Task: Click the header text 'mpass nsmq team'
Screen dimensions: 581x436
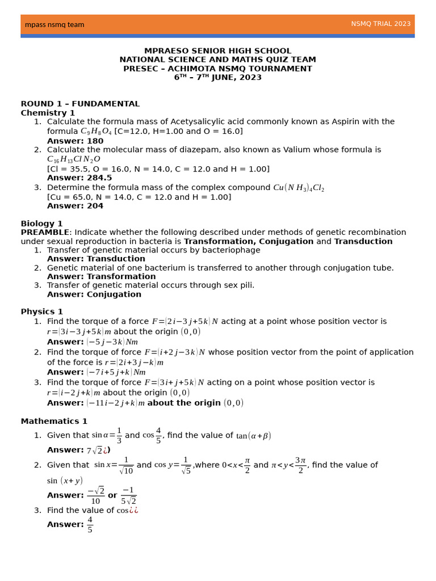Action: pos(54,24)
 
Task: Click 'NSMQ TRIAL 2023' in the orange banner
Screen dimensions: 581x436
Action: pos(380,24)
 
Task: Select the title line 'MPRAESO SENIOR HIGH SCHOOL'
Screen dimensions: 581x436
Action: pos(217,51)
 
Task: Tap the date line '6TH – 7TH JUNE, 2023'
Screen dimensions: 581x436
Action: pos(217,78)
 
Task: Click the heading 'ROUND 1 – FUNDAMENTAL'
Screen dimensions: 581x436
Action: pos(80,104)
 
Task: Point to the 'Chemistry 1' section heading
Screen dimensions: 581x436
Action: pos(48,113)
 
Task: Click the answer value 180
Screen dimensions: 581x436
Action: pos(95,141)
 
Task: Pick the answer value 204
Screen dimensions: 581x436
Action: pos(95,206)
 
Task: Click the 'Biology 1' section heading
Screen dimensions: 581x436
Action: pos(41,224)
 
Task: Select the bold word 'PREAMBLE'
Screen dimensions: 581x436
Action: pos(45,233)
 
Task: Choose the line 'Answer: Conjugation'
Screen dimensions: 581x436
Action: pos(94,294)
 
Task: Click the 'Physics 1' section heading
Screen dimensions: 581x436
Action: pos(41,311)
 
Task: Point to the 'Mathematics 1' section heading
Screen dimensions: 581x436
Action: pos(54,421)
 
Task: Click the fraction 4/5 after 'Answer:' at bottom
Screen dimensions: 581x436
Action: pos(90,525)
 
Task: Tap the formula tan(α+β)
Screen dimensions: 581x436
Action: pos(254,436)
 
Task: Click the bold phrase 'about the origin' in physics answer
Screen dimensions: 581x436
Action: pos(184,403)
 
